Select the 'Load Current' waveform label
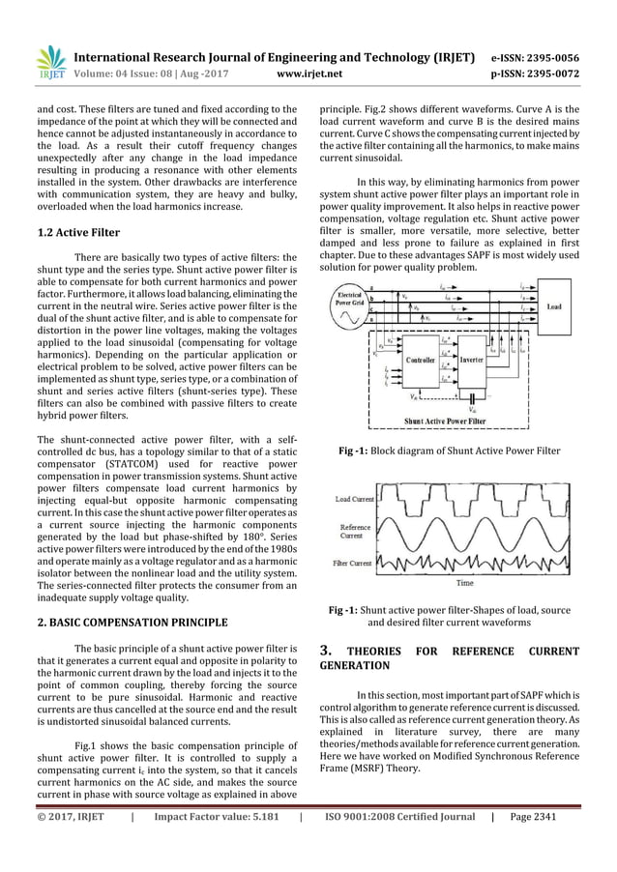click(x=356, y=499)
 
